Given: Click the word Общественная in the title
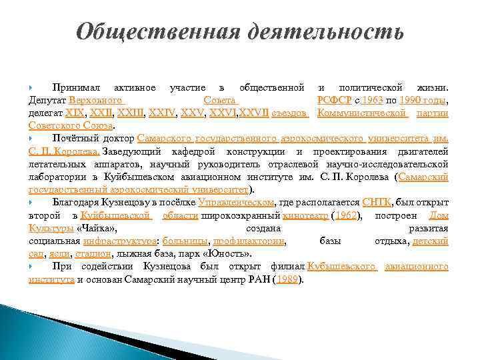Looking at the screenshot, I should click(157, 31).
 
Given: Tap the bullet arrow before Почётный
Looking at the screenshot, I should click(31, 137).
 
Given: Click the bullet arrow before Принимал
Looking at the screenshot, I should click(31, 87).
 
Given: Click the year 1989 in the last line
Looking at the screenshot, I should click(287, 279).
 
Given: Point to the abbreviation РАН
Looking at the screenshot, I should click(260, 279).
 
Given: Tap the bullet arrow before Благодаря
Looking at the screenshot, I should click(31, 201).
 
